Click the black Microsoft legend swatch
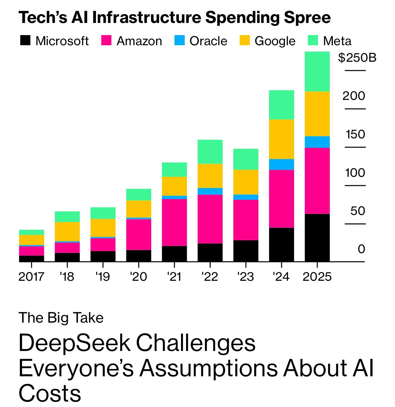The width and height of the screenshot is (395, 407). [25, 40]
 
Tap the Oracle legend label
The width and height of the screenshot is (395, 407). [208, 41]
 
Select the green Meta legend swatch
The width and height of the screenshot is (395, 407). [313, 40]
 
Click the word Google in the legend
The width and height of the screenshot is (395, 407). [275, 41]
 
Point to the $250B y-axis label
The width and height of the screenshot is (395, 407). [357, 58]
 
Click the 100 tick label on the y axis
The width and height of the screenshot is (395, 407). [355, 173]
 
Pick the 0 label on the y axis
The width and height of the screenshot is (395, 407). [361, 249]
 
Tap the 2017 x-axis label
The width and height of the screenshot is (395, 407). [31, 277]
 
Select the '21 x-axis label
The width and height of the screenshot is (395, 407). [174, 277]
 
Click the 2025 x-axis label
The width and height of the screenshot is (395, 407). [317, 277]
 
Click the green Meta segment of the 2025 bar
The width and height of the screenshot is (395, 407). [317, 72]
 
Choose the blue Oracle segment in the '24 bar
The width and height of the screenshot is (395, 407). [281, 164]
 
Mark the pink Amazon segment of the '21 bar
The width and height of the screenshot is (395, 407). [174, 222]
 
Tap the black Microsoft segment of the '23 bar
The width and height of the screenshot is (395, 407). [246, 251]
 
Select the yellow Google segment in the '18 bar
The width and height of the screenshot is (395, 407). [67, 232]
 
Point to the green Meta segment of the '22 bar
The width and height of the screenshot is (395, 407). [210, 152]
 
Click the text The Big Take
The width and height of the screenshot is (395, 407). [61, 318]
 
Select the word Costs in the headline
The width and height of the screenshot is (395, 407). [50, 393]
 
